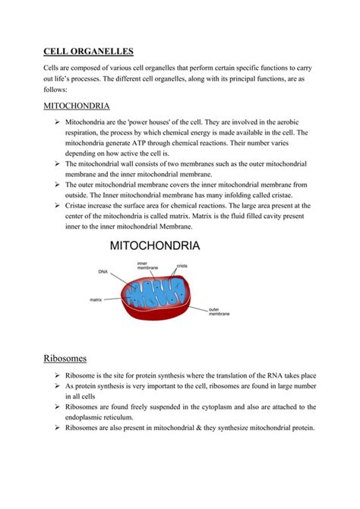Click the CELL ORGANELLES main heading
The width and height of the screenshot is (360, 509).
[x=87, y=52]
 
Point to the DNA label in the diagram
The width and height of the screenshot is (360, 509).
[x=103, y=271]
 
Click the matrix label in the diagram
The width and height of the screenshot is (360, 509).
[x=96, y=300]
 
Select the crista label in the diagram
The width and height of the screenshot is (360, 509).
[x=182, y=266]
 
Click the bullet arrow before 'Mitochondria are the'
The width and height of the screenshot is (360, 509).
[x=57, y=122]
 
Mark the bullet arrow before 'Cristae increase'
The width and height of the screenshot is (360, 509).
[x=57, y=205]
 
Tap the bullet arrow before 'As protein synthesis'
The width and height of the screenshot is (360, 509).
[x=57, y=386]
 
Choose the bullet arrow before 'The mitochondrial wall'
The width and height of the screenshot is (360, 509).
[x=57, y=163]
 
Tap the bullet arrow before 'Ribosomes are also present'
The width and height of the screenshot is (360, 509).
[x=57, y=427]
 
